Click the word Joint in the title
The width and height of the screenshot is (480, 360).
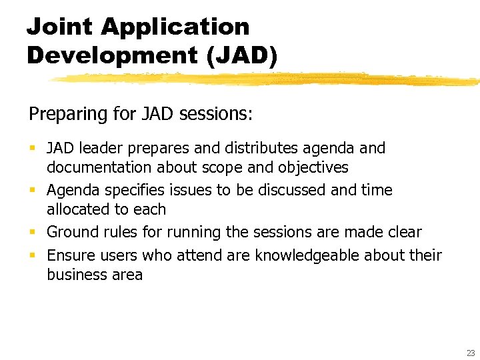click(x=61, y=27)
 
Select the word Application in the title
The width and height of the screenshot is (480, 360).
click(x=175, y=27)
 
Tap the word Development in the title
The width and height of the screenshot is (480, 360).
click(x=113, y=55)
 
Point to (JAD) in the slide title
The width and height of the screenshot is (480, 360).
click(x=242, y=55)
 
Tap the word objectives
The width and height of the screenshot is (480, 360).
click(x=313, y=167)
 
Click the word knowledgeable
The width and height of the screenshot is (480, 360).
click(x=311, y=255)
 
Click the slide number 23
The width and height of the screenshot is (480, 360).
click(x=471, y=353)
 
